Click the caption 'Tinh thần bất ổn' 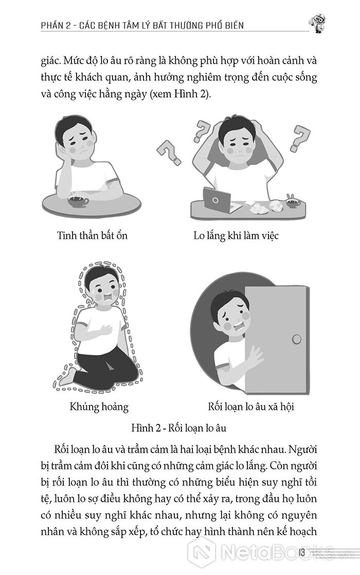pyautogui.click(x=92, y=235)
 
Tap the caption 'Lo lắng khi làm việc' pyautogui.click(x=236, y=235)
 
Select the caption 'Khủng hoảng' pyautogui.click(x=99, y=406)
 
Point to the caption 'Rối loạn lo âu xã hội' pyautogui.click(x=251, y=406)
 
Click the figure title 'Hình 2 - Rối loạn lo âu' pyautogui.click(x=179, y=428)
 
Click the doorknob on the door pyautogui.click(x=297, y=339)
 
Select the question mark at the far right pyautogui.click(x=300, y=138)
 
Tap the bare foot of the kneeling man pyautogui.click(x=66, y=376)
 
